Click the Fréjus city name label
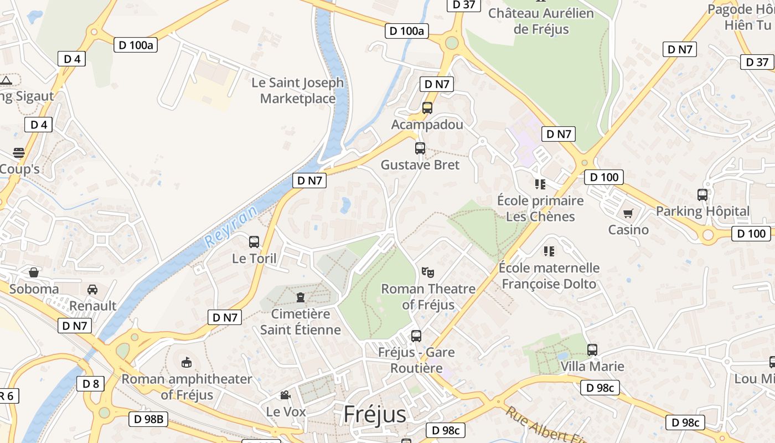click(x=375, y=414)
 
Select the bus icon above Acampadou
click(x=427, y=108)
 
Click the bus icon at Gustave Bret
click(x=420, y=148)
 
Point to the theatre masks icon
click(x=427, y=272)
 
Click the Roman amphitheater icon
click(x=187, y=363)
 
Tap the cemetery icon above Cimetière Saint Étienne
click(x=300, y=297)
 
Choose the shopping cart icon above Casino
click(x=628, y=213)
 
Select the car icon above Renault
click(x=92, y=289)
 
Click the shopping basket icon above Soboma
click(x=34, y=272)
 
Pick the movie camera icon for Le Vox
click(x=285, y=395)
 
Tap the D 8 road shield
click(x=90, y=383)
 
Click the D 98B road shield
click(x=148, y=419)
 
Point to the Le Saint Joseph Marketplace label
click(x=298, y=91)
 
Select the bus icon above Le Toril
click(x=254, y=242)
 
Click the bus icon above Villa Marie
click(x=592, y=350)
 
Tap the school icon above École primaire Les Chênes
click(x=540, y=184)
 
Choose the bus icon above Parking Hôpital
click(x=702, y=195)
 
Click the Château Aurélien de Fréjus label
click(x=541, y=21)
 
